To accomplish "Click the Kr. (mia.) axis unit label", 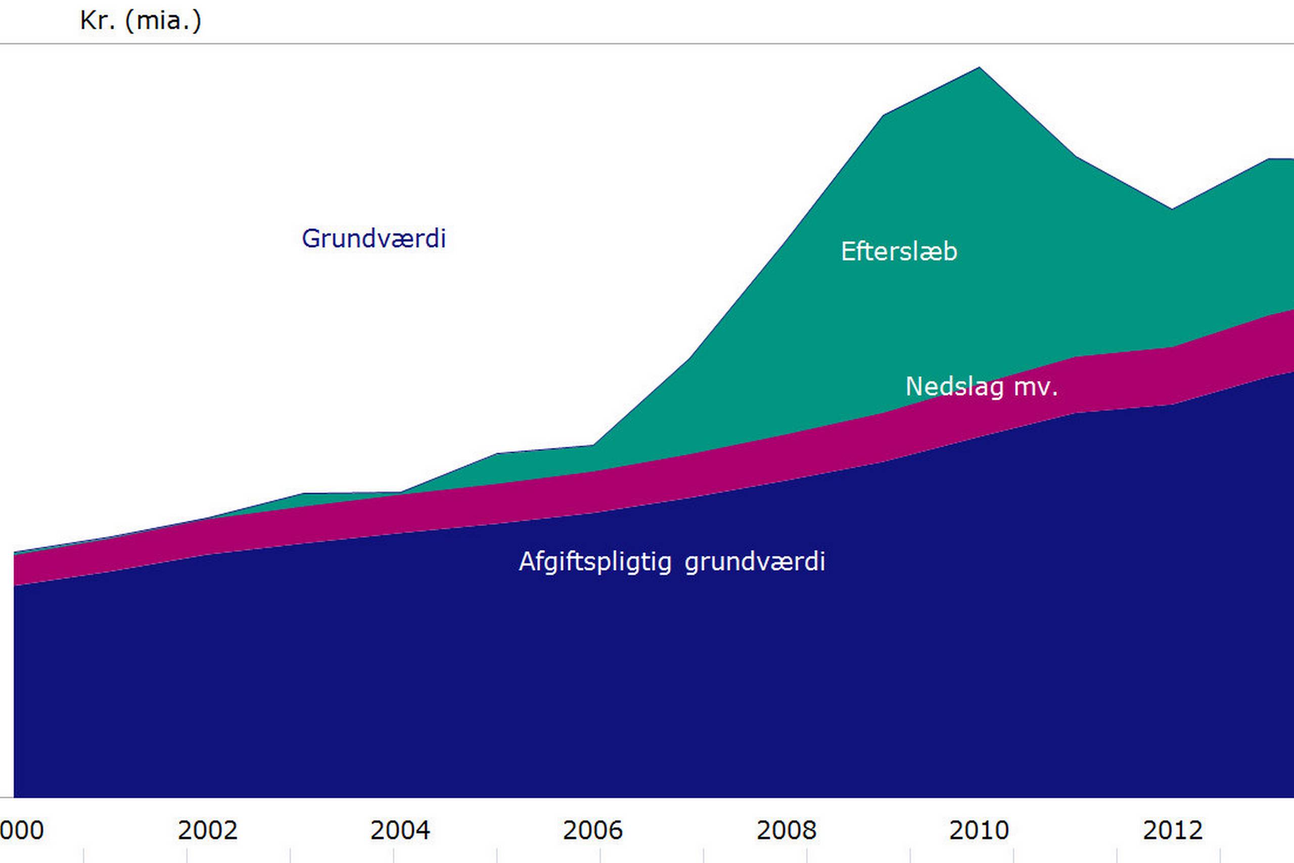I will tap(141, 21).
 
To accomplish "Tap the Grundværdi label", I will tap(374, 238).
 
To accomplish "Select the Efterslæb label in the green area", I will tap(899, 252).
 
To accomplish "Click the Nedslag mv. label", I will tap(982, 386).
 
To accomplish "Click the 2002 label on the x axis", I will tap(207, 830).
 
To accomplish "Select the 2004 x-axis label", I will tap(400, 830).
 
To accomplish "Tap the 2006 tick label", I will tap(592, 830).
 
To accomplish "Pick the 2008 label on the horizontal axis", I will tap(786, 830).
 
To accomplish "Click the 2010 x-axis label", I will tap(979, 830).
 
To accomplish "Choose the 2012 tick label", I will tap(1172, 830).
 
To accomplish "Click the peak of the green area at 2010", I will tap(979, 68).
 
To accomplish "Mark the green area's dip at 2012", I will tap(1172, 209).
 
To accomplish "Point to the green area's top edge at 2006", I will tap(592, 445).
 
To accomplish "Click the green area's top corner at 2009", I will tap(884, 116).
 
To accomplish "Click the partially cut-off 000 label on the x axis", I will tap(22, 830).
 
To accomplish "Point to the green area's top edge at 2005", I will tap(497, 453).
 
